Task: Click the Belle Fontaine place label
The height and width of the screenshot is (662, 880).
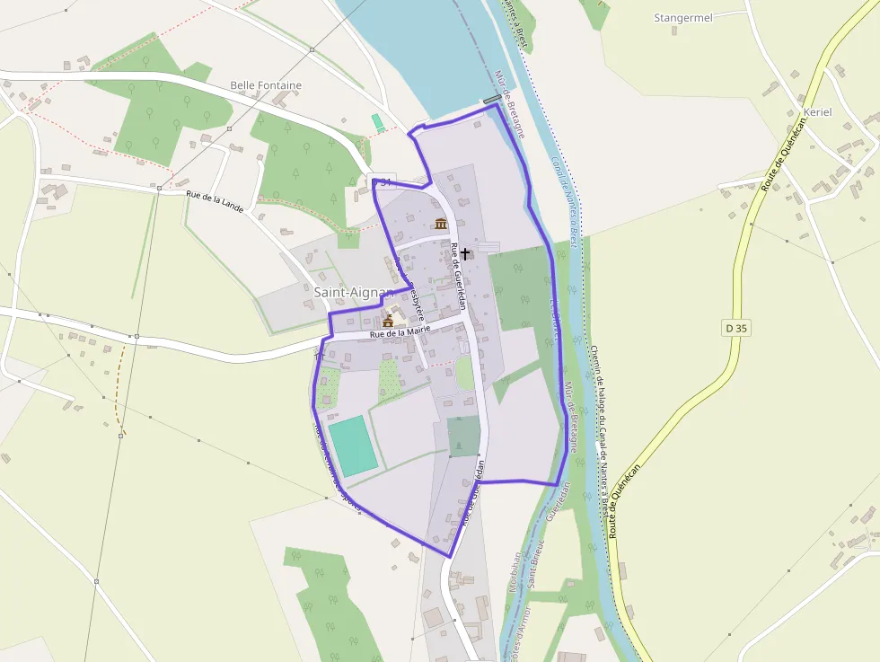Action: point(266,85)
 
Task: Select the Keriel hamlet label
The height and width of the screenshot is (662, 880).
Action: point(818,111)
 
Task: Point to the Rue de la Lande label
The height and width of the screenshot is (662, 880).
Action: point(215,200)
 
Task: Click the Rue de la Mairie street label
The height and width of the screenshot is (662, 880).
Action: point(394,331)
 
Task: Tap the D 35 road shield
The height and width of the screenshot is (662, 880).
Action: point(735,328)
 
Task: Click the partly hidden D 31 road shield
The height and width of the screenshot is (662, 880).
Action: point(383,182)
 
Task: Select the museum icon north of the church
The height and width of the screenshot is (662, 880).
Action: point(441,223)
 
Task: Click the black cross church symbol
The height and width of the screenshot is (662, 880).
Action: point(465,254)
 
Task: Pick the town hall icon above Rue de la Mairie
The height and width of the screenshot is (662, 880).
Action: point(388,320)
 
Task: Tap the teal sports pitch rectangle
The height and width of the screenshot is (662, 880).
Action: point(352,446)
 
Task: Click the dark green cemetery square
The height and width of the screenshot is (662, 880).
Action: point(463,437)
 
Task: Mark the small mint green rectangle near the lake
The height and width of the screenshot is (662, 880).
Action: point(378,121)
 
